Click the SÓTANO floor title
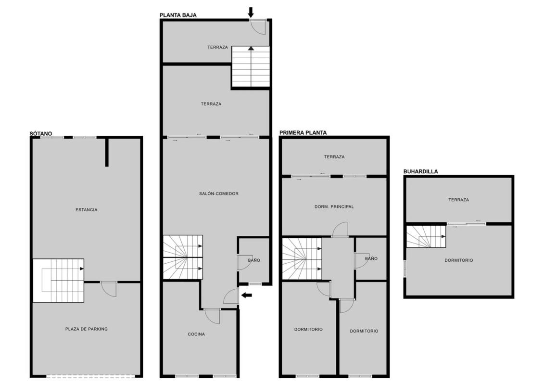click(40, 134)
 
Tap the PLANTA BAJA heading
click(178, 15)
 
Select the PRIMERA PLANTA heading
click(303, 133)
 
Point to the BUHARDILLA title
click(420, 171)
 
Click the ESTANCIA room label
click(87, 210)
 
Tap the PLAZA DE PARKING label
click(87, 329)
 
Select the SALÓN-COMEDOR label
click(218, 194)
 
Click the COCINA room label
click(196, 334)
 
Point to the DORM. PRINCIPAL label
click(334, 206)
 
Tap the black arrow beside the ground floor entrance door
click(247, 295)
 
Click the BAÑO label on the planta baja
click(254, 260)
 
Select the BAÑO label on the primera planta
click(371, 258)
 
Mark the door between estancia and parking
click(109, 289)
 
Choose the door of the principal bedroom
click(340, 229)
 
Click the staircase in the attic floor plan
click(426, 237)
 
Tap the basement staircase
click(59, 281)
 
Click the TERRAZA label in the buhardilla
click(458, 200)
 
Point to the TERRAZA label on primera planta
click(334, 157)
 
